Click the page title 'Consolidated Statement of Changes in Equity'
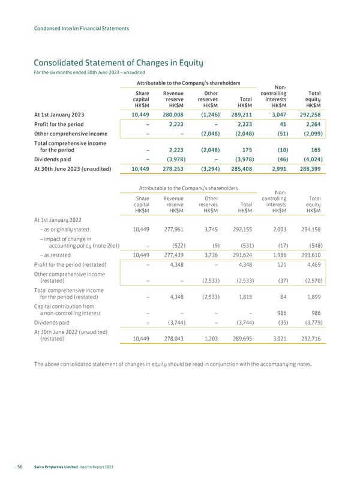(x=115, y=62)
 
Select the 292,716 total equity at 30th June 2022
(x=310, y=338)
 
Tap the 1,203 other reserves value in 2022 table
(x=209, y=338)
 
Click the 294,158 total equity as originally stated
(x=310, y=228)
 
